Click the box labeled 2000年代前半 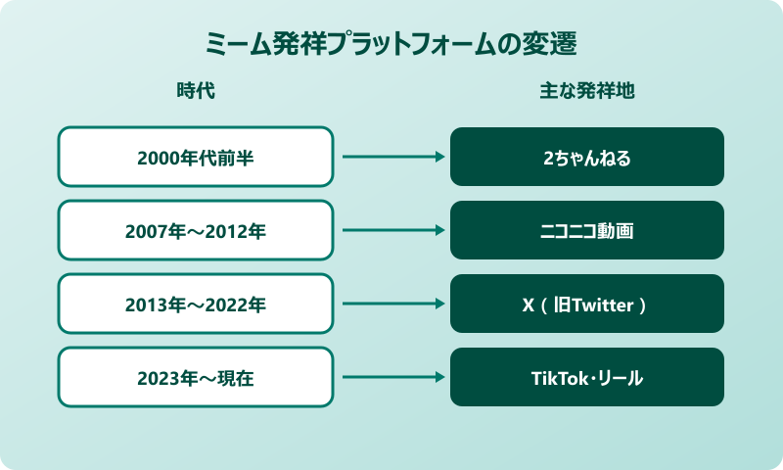(195, 157)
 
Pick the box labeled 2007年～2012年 (195, 230)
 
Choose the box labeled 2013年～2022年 (195, 304)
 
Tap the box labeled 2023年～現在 (195, 377)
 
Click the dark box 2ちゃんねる (586, 157)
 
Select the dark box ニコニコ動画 (586, 230)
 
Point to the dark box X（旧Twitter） (586, 304)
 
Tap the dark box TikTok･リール (586, 377)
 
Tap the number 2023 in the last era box (157, 378)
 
